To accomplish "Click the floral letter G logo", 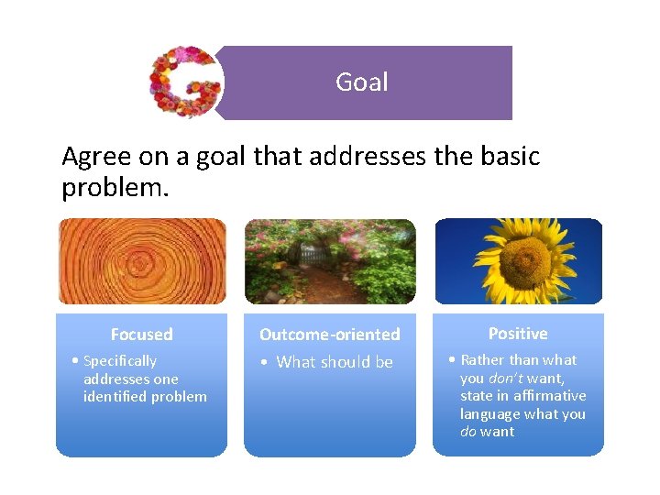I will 186,82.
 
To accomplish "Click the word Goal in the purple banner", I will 361,82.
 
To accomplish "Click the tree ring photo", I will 142,261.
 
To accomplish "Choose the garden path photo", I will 330,261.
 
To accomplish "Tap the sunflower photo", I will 518,261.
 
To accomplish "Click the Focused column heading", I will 141,335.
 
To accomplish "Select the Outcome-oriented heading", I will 329,335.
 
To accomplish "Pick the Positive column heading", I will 518,334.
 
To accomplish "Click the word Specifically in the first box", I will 119,361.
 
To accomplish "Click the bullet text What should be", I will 334,362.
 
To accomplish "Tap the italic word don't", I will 505,378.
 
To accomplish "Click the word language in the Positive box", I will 489,413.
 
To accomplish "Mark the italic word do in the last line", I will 467,432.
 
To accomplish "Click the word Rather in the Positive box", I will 482,359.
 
